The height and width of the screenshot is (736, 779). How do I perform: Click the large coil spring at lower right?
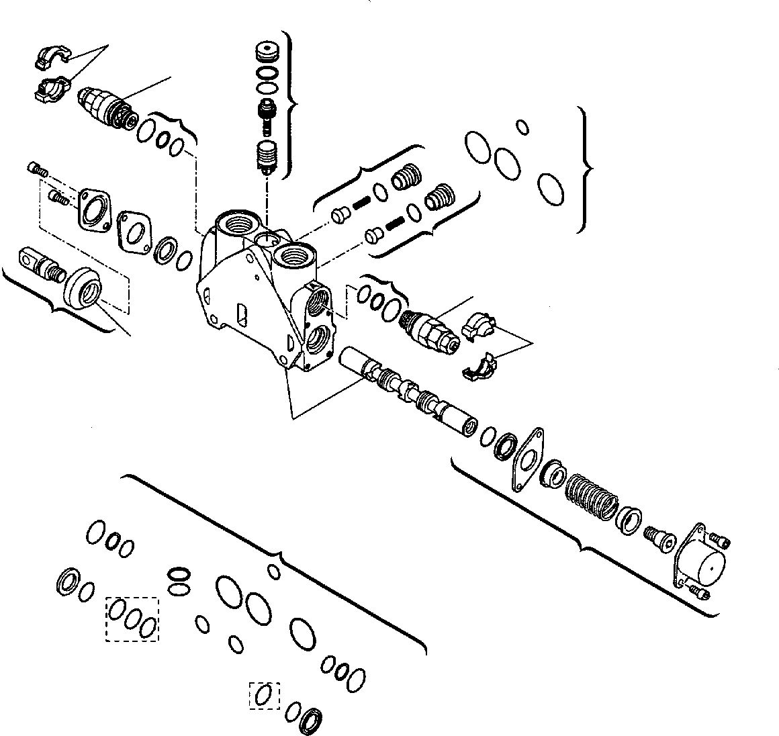pos(591,496)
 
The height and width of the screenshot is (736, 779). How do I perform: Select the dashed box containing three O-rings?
pos(132,618)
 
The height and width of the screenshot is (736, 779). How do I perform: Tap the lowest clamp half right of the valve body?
pos(478,365)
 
